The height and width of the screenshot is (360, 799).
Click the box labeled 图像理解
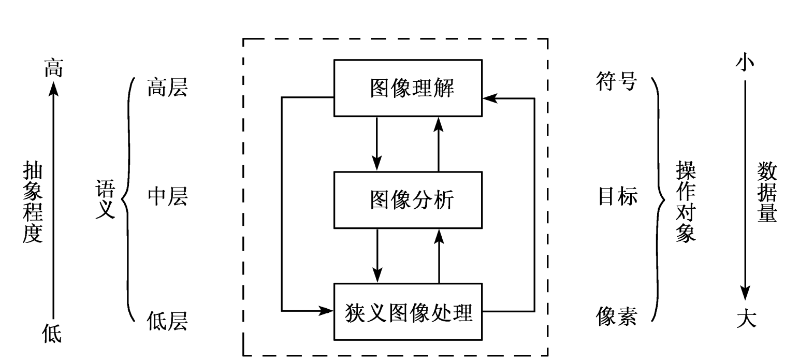(408, 88)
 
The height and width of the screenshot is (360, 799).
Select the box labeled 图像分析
(408, 200)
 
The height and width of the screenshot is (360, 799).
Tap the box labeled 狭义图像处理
(408, 312)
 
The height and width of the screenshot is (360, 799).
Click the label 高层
(167, 88)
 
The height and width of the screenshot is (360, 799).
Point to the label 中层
(167, 197)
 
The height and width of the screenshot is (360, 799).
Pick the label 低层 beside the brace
(167, 321)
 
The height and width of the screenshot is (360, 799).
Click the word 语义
(105, 199)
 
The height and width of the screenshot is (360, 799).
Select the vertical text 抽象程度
(33, 201)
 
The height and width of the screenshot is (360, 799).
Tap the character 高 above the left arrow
(53, 68)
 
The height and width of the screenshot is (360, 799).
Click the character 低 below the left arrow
(52, 333)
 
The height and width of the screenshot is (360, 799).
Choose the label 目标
(618, 197)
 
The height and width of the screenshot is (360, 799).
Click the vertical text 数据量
(767, 192)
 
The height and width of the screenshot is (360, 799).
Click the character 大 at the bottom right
(746, 318)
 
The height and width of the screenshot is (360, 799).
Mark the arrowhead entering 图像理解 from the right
(489, 97)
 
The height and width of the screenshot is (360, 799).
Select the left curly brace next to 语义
(127, 199)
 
